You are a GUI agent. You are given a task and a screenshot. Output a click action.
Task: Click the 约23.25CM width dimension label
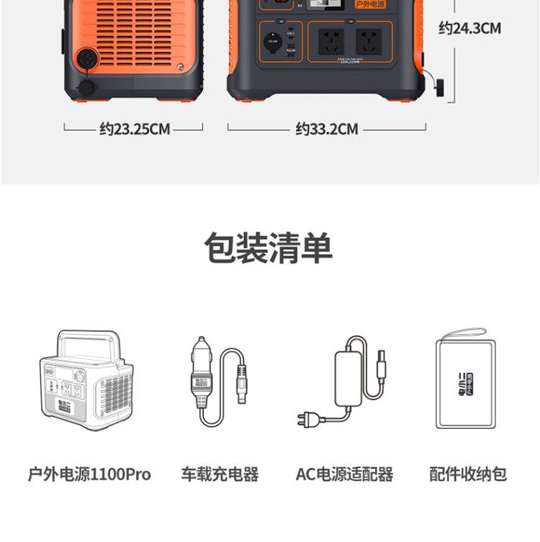135,130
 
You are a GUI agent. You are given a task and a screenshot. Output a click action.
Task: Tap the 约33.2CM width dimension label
326,130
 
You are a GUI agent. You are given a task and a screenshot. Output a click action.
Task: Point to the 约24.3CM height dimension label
469,29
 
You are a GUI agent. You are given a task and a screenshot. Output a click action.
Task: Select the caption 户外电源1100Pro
89,474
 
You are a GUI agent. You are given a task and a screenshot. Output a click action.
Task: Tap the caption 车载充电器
220,474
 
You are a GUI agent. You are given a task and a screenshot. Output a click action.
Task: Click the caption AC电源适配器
344,474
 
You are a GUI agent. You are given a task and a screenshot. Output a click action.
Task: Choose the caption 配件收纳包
468,474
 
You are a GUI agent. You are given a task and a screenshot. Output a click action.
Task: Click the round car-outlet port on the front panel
272,42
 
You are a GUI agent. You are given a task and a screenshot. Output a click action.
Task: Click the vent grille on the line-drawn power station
115,392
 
